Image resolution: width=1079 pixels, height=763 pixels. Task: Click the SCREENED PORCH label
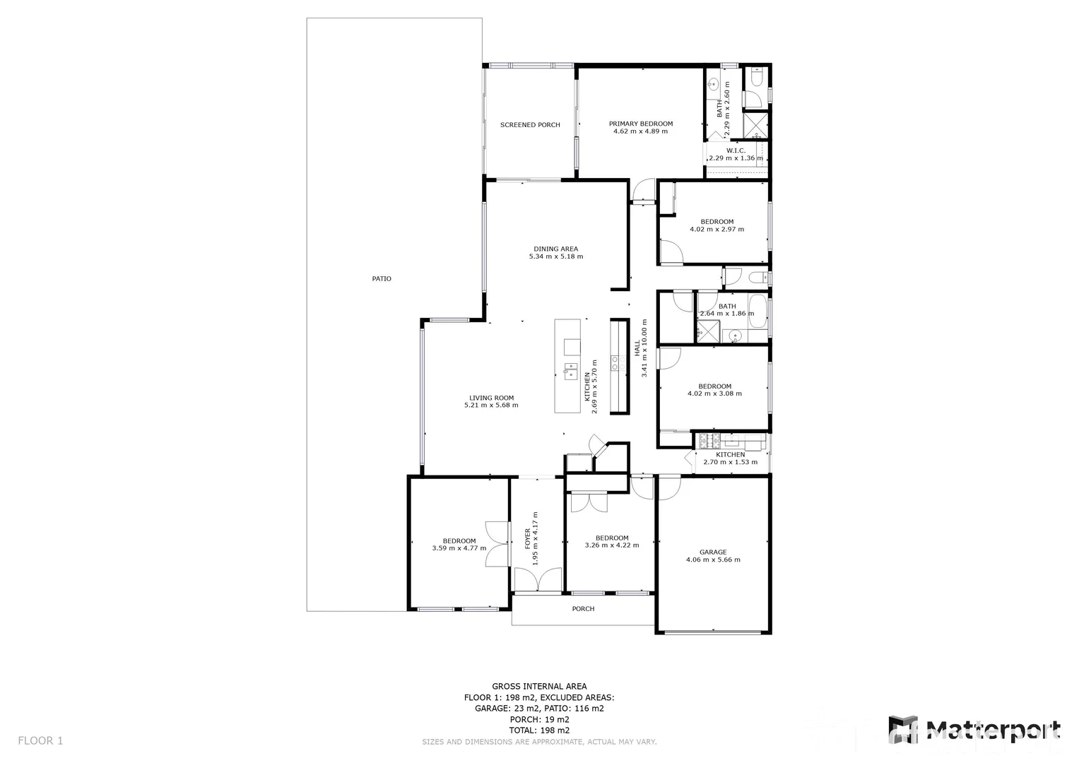coord(530,125)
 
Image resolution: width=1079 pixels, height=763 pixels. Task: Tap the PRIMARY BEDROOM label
coord(641,124)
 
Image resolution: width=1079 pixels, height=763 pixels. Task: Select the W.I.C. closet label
coord(736,150)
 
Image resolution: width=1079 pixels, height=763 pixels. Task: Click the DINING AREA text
coord(555,249)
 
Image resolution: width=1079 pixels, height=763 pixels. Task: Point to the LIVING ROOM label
coord(491,398)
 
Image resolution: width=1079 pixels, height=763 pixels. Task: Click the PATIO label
coord(382,278)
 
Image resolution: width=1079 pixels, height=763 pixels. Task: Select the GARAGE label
coord(713,552)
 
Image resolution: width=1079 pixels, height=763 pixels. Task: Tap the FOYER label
coord(527,538)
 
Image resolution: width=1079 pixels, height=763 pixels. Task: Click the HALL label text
coord(637,348)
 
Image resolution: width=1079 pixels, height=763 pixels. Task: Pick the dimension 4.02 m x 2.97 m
coord(717,229)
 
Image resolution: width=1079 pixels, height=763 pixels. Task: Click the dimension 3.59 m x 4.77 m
coord(459,548)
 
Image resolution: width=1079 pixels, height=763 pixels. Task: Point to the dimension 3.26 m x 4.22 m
coord(611,545)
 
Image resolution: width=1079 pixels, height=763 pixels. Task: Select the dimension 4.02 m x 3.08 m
coord(714,394)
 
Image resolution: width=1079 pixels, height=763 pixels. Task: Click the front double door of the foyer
coord(538,581)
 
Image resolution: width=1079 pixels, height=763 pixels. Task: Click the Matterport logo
coord(974,731)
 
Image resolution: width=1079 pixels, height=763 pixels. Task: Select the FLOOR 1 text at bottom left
coord(40,740)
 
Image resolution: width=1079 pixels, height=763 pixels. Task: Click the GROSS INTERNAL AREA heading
coord(539,686)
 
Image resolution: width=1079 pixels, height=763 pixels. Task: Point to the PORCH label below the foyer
coord(583,609)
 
